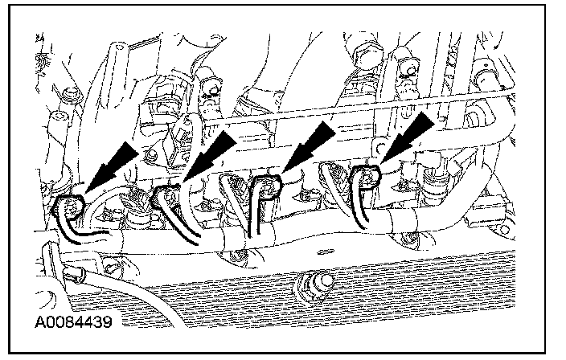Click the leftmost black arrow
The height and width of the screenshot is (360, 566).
[109, 164]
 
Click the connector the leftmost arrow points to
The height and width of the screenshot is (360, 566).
[71, 207]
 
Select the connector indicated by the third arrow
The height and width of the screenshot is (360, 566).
[265, 188]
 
